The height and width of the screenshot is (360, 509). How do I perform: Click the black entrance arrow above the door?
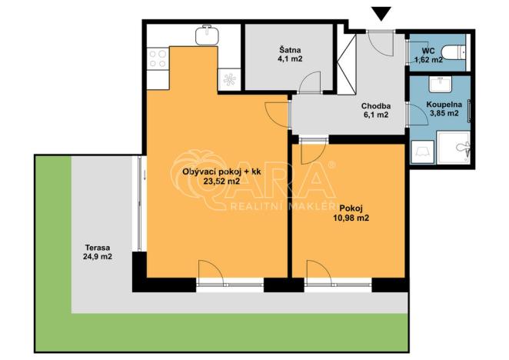380,12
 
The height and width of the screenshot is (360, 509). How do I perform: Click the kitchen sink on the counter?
206,35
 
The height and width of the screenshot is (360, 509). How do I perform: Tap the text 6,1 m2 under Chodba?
376,115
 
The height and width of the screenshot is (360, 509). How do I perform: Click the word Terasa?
97,248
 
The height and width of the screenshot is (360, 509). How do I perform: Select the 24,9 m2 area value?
97,257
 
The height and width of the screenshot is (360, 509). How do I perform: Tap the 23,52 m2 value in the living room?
221,182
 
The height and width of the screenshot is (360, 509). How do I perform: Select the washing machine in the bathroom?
421,152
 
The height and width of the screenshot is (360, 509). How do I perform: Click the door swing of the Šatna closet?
310,82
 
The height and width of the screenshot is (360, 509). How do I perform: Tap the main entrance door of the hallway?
378,42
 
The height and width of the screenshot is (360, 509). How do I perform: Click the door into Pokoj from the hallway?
312,149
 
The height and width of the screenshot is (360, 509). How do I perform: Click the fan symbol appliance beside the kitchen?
229,77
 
